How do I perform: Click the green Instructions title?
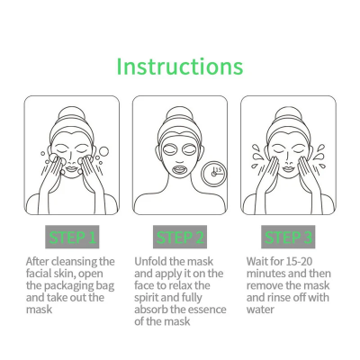click(180, 67)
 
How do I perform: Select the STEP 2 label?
click(179, 238)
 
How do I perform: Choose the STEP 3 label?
click(287, 238)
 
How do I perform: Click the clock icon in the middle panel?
click(213, 171)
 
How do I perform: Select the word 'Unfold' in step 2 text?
click(152, 262)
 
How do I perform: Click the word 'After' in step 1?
click(39, 262)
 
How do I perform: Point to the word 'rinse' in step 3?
click(289, 297)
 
